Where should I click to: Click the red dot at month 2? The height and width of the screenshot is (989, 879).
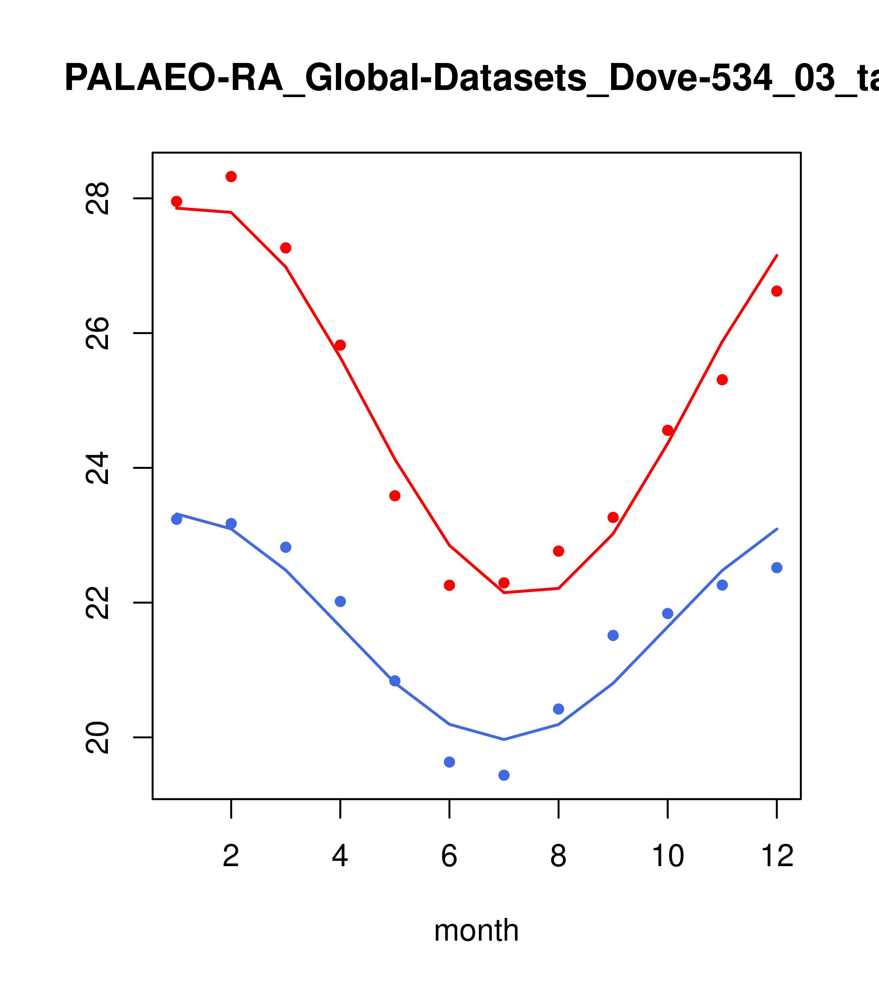tap(231, 177)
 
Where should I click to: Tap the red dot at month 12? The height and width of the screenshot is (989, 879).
tap(777, 291)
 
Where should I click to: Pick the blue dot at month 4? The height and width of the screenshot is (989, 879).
tap(341, 602)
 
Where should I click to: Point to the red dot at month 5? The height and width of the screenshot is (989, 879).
tap(395, 495)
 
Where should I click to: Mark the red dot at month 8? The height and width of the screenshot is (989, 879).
tap(559, 551)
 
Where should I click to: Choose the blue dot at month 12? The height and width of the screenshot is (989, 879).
tap(777, 568)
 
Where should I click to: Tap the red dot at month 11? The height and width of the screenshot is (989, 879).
tap(722, 380)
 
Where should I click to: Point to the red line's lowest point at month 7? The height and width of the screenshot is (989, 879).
tap(504, 593)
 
